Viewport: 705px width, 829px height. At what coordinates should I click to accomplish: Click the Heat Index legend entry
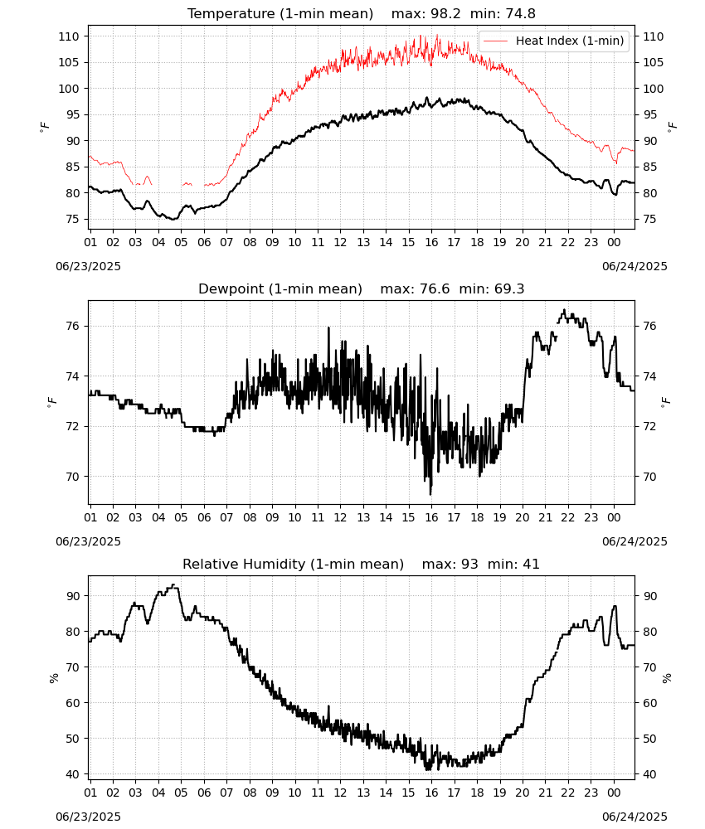(x=553, y=41)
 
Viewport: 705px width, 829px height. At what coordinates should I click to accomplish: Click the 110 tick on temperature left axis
(x=69, y=37)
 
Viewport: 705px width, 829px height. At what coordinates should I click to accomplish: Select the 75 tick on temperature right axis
(x=649, y=220)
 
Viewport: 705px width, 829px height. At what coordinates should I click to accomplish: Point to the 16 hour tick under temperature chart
(x=431, y=243)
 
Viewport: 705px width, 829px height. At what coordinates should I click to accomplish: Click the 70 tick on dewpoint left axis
(x=73, y=477)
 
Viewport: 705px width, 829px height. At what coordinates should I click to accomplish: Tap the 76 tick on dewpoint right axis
(x=649, y=326)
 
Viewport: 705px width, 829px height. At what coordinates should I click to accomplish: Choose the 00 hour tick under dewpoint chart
(x=614, y=517)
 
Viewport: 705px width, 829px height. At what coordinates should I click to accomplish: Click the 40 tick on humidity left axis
(x=73, y=774)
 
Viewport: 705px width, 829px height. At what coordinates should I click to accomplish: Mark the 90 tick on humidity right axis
(x=649, y=596)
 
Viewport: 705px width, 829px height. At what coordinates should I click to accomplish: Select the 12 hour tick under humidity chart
(x=340, y=793)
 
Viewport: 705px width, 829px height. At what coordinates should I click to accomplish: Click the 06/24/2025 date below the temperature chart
(x=634, y=266)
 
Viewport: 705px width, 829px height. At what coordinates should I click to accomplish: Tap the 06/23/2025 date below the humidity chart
(x=88, y=817)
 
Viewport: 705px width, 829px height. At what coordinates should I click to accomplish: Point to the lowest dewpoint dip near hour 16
(x=430, y=494)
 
